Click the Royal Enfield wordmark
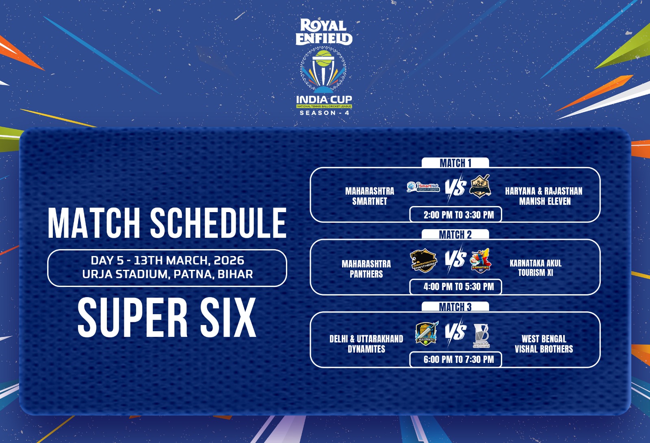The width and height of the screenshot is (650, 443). click(324, 32)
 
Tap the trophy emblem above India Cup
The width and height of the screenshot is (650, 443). click(323, 71)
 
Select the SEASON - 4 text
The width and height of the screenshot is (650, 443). click(324, 113)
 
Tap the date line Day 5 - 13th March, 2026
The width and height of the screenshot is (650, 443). click(167, 260)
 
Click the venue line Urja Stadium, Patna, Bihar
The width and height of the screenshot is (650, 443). click(167, 274)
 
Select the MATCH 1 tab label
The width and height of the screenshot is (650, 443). click(455, 163)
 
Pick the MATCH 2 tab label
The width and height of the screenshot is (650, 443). click(455, 235)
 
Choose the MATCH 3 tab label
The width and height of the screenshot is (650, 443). click(455, 307)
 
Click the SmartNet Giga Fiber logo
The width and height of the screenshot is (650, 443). click(423, 187)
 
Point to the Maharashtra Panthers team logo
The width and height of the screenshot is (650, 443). click(423, 261)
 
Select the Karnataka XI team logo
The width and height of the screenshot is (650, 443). click(480, 261)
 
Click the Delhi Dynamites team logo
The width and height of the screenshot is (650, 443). click(426, 334)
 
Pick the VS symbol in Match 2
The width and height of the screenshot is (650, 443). click(455, 259)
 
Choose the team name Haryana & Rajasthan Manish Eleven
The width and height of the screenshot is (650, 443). click(544, 196)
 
